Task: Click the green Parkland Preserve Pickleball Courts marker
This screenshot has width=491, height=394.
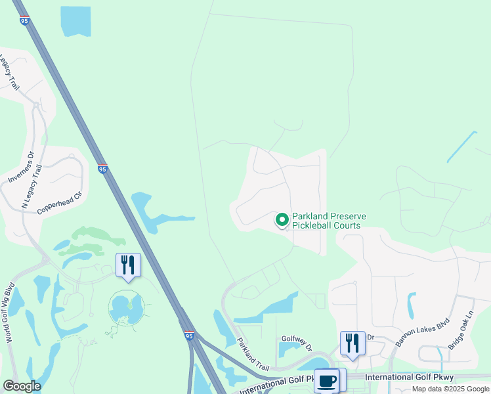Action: pyautogui.click(x=282, y=219)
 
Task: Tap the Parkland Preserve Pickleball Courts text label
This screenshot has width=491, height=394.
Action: pyautogui.click(x=329, y=221)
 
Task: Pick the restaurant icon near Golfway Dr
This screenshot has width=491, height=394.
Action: pyautogui.click(x=352, y=343)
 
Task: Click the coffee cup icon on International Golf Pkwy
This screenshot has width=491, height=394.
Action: pyautogui.click(x=326, y=380)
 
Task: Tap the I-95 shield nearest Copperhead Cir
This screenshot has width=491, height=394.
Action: pyautogui.click(x=102, y=169)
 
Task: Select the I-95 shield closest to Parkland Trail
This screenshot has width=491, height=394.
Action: pyautogui.click(x=189, y=336)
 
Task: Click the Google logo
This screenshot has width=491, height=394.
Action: pyautogui.click(x=22, y=386)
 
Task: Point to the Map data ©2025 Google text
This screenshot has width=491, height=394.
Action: pyautogui.click(x=450, y=389)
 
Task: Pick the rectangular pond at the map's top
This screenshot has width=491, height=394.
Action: pyautogui.click(x=75, y=21)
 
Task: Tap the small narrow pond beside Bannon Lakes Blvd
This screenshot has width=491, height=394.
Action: pyautogui.click(x=412, y=305)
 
